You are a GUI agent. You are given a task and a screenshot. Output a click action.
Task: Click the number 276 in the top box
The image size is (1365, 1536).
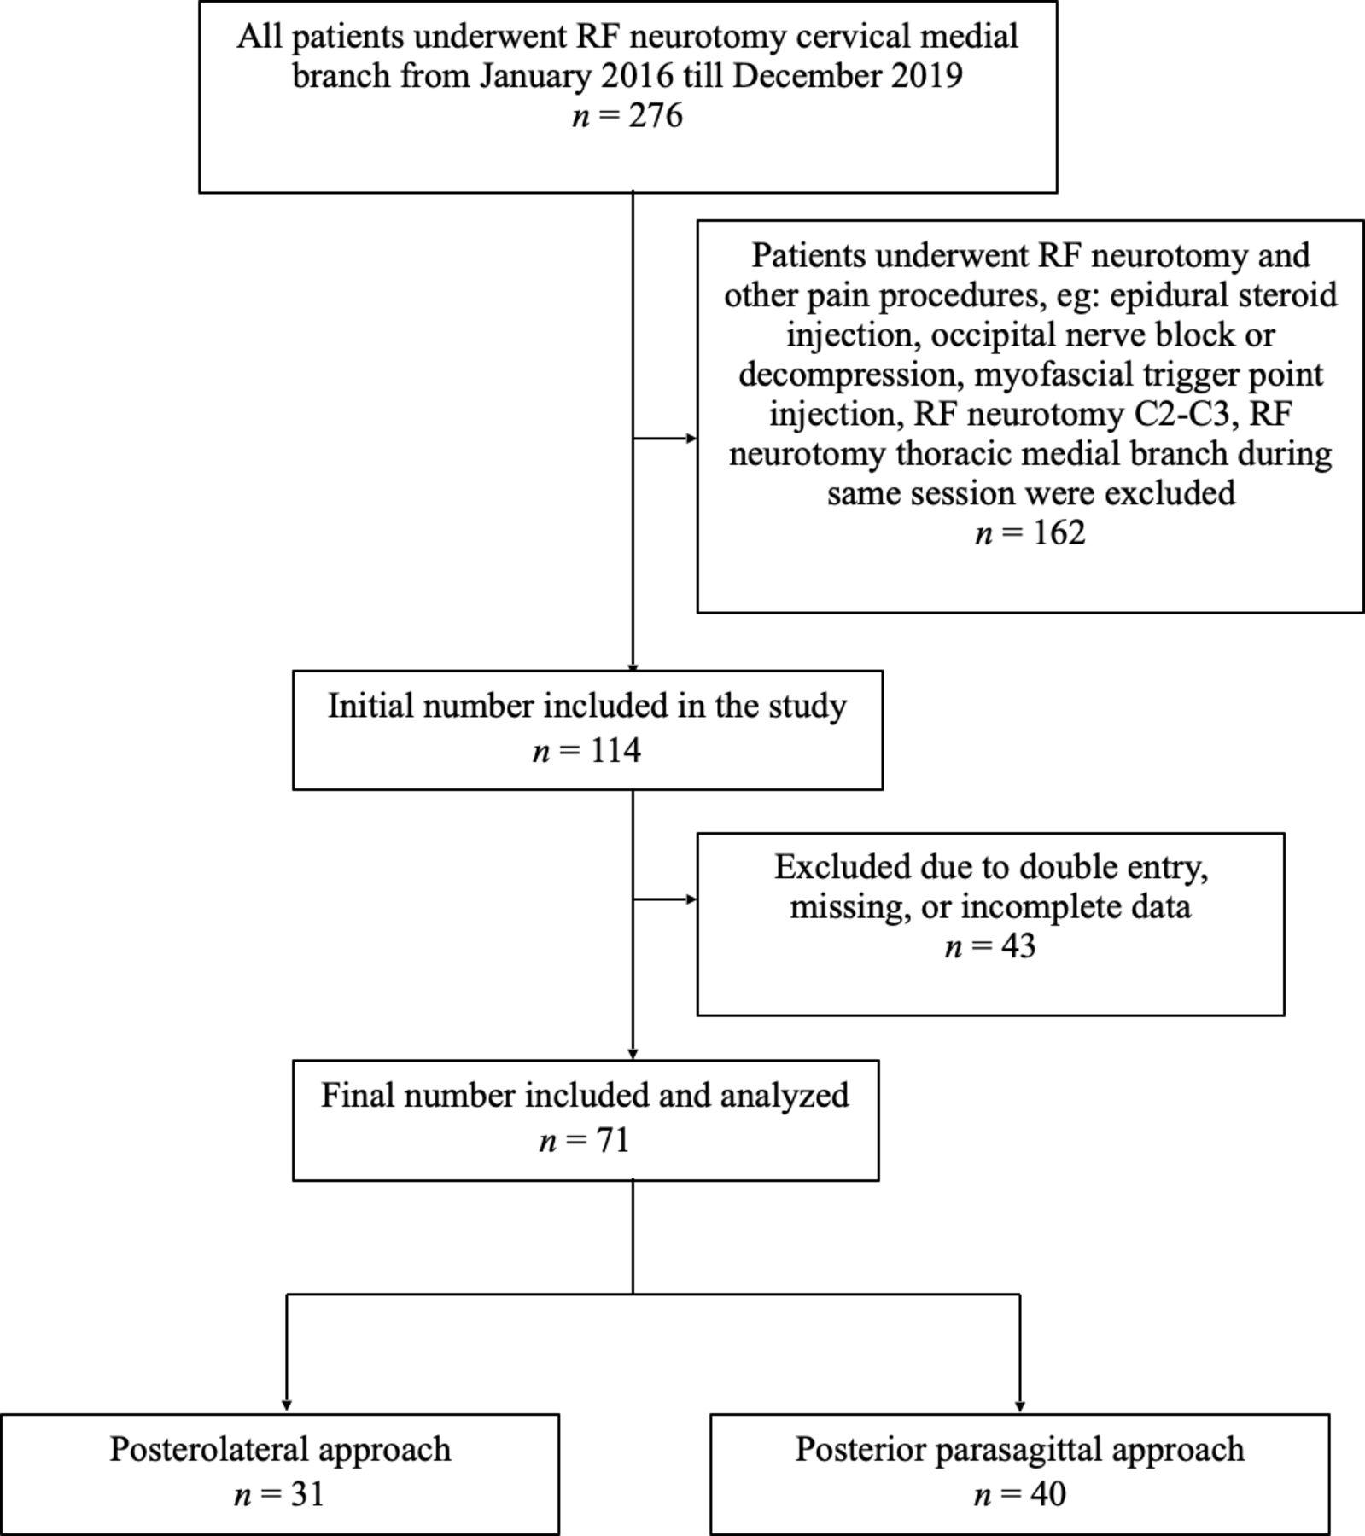656,115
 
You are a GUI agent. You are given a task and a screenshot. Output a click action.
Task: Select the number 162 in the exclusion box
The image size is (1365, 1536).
1059,532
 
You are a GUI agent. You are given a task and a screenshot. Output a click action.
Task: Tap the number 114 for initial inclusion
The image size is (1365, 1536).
615,750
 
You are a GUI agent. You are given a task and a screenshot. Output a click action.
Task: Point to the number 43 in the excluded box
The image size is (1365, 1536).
1018,945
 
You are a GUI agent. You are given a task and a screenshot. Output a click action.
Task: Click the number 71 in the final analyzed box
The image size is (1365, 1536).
612,1140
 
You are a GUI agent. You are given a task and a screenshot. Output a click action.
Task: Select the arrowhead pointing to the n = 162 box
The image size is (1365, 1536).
691,439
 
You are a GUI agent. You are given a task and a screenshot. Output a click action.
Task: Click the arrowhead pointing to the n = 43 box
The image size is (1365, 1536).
691,899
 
